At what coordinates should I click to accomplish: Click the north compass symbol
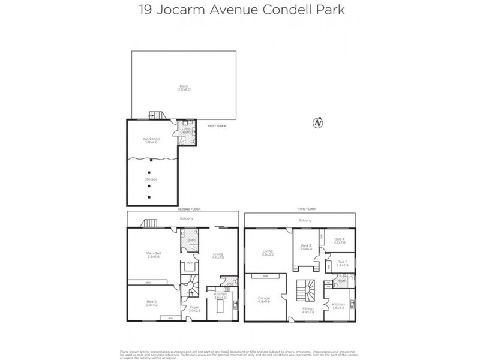click(x=317, y=123)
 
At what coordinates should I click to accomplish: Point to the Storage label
click(x=151, y=178)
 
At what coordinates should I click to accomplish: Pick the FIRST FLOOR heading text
click(x=216, y=127)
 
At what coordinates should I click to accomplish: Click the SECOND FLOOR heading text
click(x=189, y=209)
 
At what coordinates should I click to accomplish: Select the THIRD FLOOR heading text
click(x=307, y=209)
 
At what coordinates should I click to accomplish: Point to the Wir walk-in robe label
click(x=189, y=263)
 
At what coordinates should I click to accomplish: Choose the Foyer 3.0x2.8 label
click(x=194, y=308)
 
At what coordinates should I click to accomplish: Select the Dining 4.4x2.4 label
click(x=308, y=311)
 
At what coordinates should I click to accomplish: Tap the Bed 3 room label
click(x=306, y=247)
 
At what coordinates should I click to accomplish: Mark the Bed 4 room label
click(x=340, y=241)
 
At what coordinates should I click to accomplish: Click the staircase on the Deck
click(x=156, y=115)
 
